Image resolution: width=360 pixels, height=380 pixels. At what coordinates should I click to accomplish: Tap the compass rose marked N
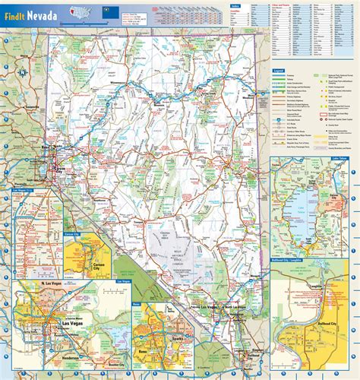coord(22,72)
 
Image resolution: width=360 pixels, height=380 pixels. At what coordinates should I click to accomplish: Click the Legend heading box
coord(279,71)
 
